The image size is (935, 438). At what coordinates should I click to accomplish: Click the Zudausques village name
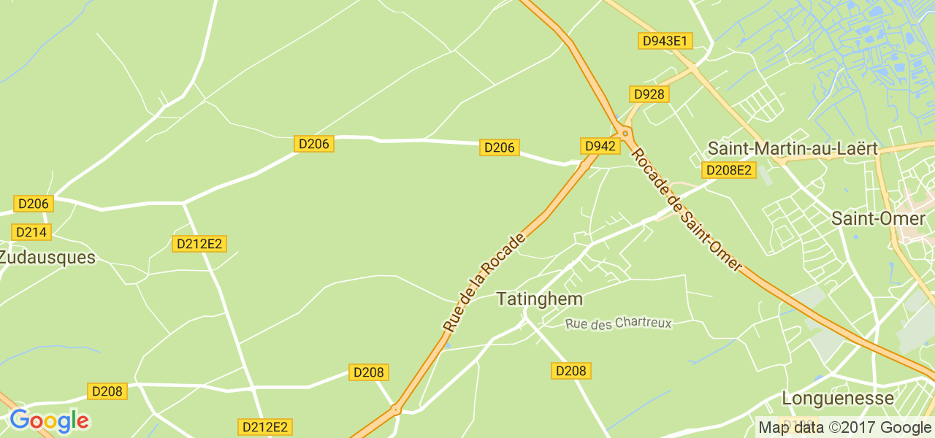(47, 258)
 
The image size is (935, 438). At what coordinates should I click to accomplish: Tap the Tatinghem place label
(540, 299)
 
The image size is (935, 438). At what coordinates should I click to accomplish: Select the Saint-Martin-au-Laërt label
(793, 148)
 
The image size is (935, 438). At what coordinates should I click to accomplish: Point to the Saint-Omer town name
(878, 218)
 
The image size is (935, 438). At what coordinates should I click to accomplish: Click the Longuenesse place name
(838, 398)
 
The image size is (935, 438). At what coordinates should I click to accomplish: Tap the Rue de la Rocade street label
(484, 283)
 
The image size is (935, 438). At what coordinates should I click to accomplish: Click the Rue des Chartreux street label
(618, 323)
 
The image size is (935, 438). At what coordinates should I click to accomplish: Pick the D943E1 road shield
(665, 41)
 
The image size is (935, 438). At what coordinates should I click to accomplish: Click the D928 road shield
(649, 94)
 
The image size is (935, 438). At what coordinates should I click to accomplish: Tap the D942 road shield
(600, 146)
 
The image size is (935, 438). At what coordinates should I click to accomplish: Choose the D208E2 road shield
(728, 170)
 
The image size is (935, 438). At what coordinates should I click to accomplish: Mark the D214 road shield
(31, 232)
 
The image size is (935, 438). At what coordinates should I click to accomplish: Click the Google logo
(49, 420)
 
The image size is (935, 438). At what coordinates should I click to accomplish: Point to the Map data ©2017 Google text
(844, 428)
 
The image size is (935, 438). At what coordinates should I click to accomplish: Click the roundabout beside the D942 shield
(625, 133)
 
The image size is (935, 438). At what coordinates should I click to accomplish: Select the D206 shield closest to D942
(500, 147)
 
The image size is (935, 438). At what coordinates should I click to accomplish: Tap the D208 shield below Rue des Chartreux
(570, 371)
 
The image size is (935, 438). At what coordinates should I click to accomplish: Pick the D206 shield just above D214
(33, 204)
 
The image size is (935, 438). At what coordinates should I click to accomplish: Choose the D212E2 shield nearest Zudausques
(199, 244)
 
